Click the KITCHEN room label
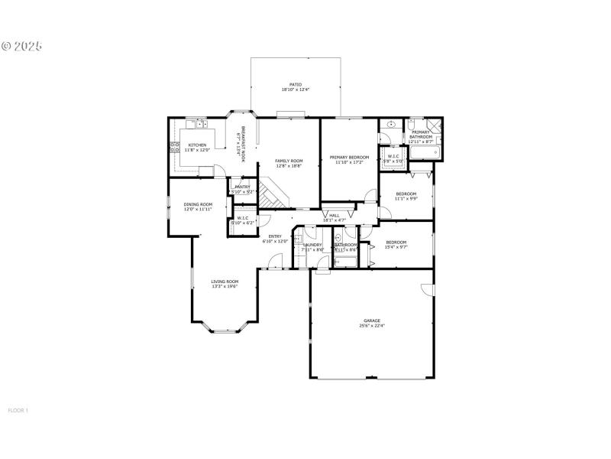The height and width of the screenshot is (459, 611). pyautogui.click(x=197, y=145)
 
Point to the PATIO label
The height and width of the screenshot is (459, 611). pyautogui.click(x=295, y=84)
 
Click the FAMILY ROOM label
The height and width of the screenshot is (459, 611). pyautogui.click(x=289, y=161)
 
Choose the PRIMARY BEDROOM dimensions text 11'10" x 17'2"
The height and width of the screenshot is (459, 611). pyautogui.click(x=348, y=162)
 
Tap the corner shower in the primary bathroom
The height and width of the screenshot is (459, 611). pyautogui.click(x=434, y=126)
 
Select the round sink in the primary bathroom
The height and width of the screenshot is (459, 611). pyautogui.click(x=390, y=123)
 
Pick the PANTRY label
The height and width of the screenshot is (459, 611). pyautogui.click(x=242, y=187)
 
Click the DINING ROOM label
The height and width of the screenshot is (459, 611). pyautogui.click(x=198, y=204)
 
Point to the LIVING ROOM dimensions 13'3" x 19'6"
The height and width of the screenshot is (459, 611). pyautogui.click(x=225, y=286)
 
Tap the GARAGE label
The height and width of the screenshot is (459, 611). pyautogui.click(x=371, y=321)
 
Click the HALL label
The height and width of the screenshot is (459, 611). pyautogui.click(x=334, y=216)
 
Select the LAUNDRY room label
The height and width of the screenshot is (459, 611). pyautogui.click(x=313, y=245)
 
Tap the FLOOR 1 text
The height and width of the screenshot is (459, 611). pyautogui.click(x=18, y=410)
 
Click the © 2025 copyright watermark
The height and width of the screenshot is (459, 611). pyautogui.click(x=21, y=46)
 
